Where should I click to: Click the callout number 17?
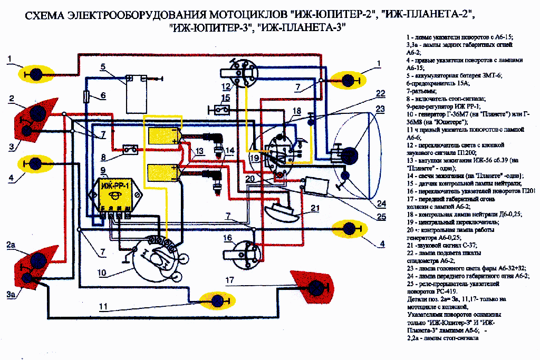[x=229, y=279]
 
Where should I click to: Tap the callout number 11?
[x=103, y=306]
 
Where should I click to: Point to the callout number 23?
[x=380, y=110]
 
